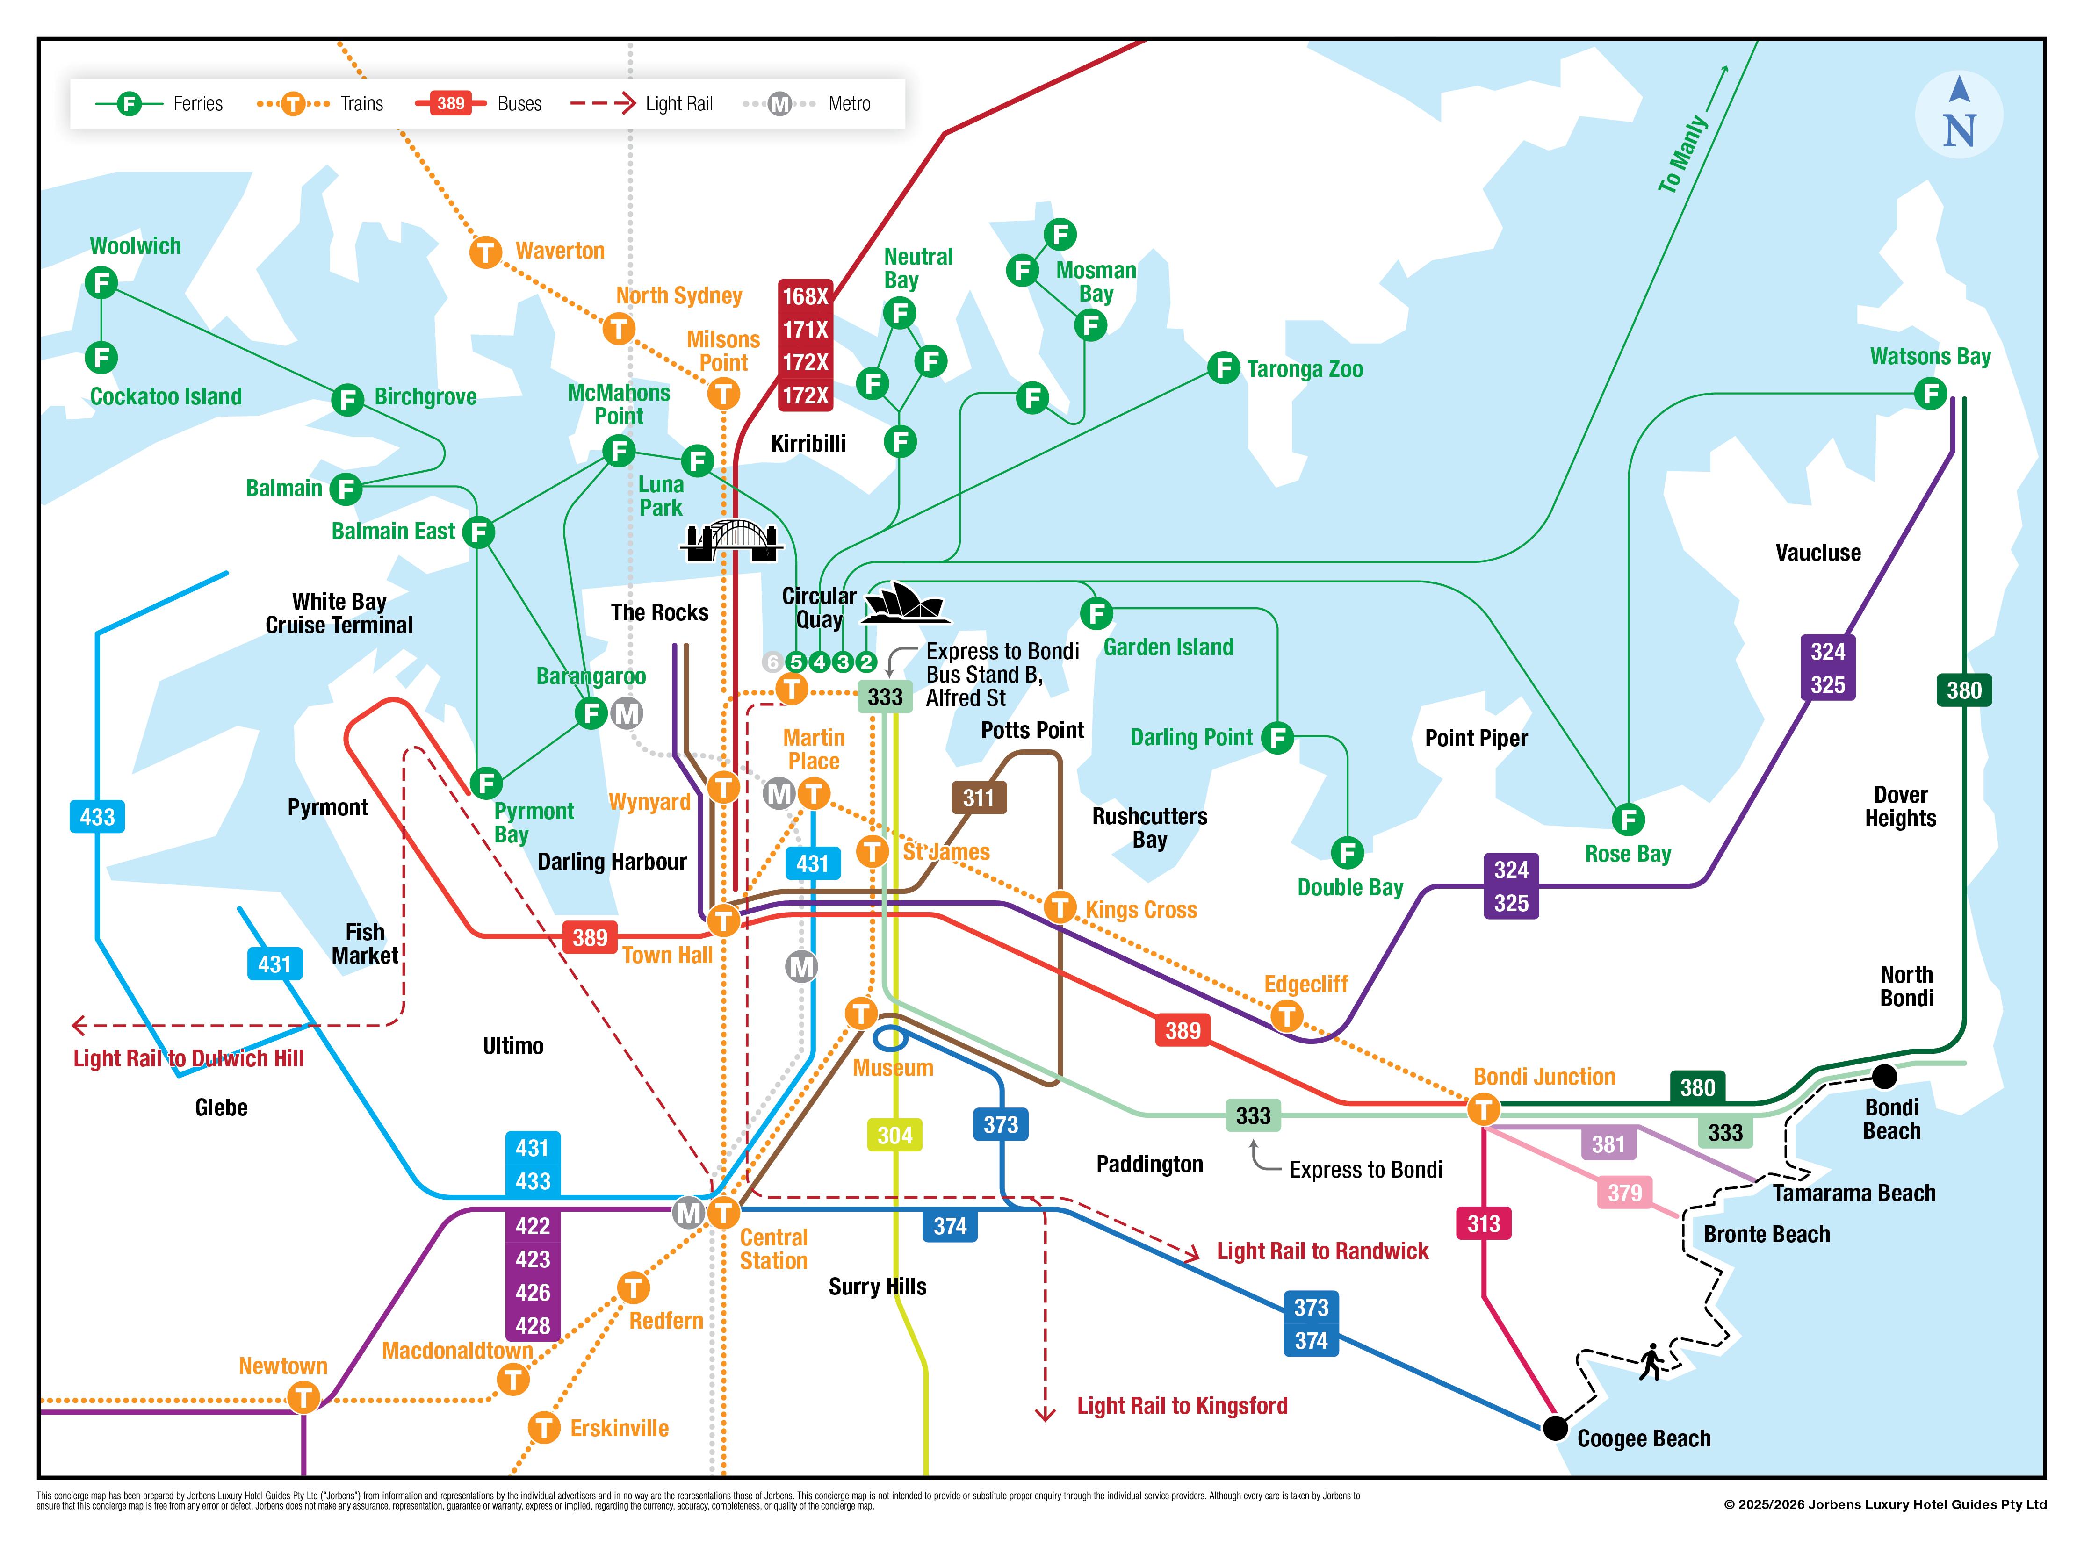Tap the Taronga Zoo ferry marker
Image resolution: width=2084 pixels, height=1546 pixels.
1223,368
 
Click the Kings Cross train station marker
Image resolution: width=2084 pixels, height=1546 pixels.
1060,907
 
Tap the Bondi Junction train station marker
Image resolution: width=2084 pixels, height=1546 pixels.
1483,1110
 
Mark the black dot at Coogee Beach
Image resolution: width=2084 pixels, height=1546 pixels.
1555,1428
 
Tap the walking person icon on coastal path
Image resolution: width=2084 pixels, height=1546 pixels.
1651,1362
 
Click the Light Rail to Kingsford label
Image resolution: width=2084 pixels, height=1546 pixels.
1182,1406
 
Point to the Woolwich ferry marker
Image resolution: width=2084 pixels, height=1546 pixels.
101,282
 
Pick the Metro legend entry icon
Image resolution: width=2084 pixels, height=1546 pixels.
779,104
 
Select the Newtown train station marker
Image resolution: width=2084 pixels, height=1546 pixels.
303,1398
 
